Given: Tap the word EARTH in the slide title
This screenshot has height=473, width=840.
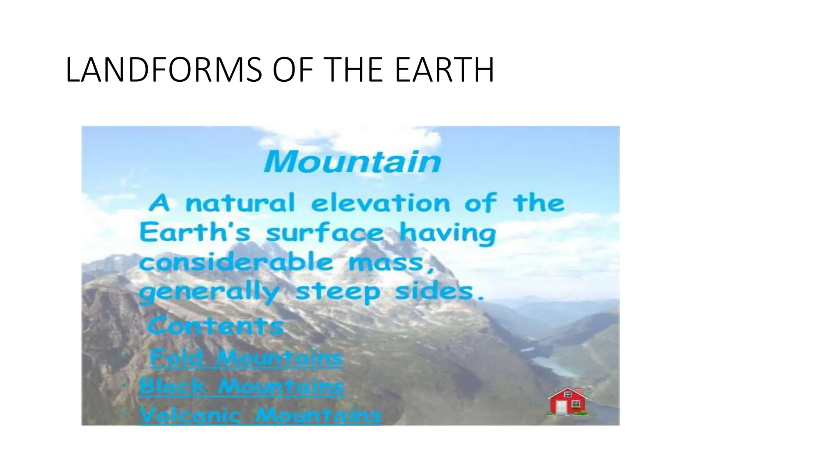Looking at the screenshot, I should coord(445,70).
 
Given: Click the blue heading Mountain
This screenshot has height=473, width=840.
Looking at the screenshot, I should coord(352,162).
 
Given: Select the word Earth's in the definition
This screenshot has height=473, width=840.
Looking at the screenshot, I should coord(194,232).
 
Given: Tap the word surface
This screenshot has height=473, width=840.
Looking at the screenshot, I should coord(324,233).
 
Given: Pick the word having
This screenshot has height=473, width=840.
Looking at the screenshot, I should coord(447,233).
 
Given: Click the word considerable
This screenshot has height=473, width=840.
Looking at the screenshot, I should coord(236,262).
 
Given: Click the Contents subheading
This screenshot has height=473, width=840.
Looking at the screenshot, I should coord(215,327).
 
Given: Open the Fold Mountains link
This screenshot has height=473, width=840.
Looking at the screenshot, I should coord(246,357).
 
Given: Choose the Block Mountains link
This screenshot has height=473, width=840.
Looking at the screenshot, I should coord(242,386).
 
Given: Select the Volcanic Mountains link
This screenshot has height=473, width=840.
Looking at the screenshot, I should coord(261,416).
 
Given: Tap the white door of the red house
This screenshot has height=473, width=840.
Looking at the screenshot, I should coord(562,407).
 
